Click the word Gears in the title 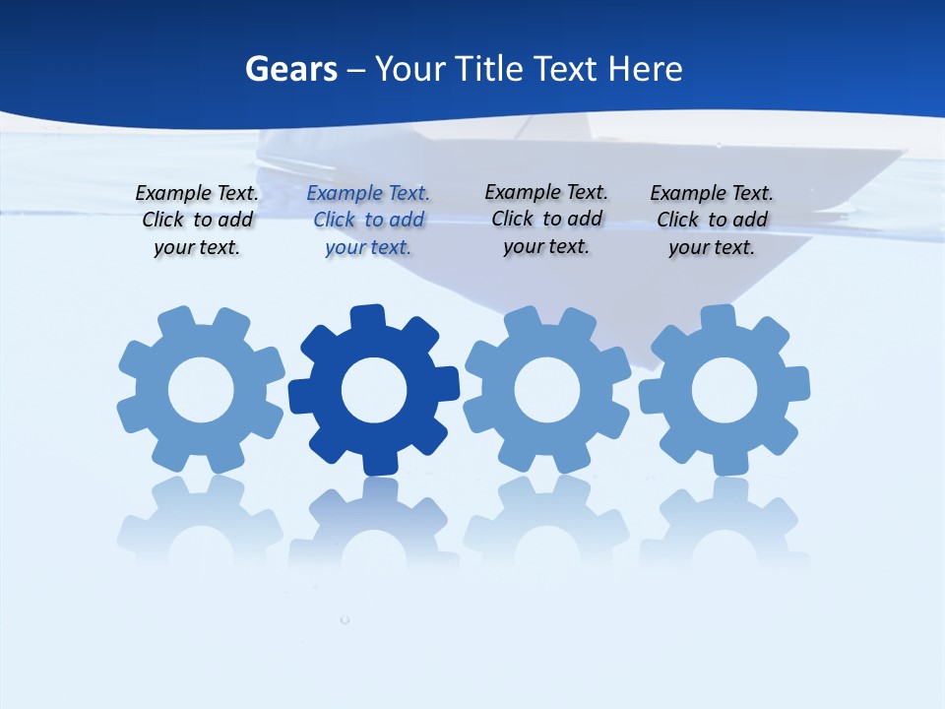290,69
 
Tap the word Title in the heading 488,69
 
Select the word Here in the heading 645,69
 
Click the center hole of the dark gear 374,391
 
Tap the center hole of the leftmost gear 201,390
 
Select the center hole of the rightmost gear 724,390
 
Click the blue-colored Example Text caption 368,221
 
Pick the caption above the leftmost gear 197,221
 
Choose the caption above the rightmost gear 712,221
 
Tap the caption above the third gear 546,220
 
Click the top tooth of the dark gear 367,318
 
